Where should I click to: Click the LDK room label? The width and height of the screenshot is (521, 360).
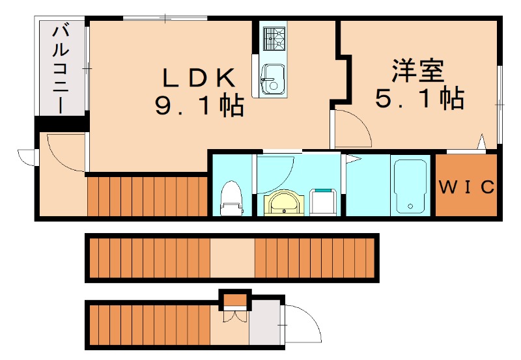(x=198, y=78)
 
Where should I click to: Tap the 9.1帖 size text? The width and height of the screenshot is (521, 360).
(x=199, y=105)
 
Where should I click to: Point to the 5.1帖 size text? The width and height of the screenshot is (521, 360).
(x=419, y=98)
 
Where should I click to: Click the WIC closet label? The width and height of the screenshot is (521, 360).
(x=466, y=187)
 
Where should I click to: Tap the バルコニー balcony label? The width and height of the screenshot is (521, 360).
(x=62, y=68)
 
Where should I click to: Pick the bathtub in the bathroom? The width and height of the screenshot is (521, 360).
(x=410, y=186)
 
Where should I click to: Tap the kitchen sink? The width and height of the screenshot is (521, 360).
(x=272, y=79)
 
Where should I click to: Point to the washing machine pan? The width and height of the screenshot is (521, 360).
(x=323, y=201)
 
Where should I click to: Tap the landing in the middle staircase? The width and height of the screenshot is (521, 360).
(x=232, y=258)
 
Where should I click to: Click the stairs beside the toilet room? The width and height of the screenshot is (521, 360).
(x=147, y=195)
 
